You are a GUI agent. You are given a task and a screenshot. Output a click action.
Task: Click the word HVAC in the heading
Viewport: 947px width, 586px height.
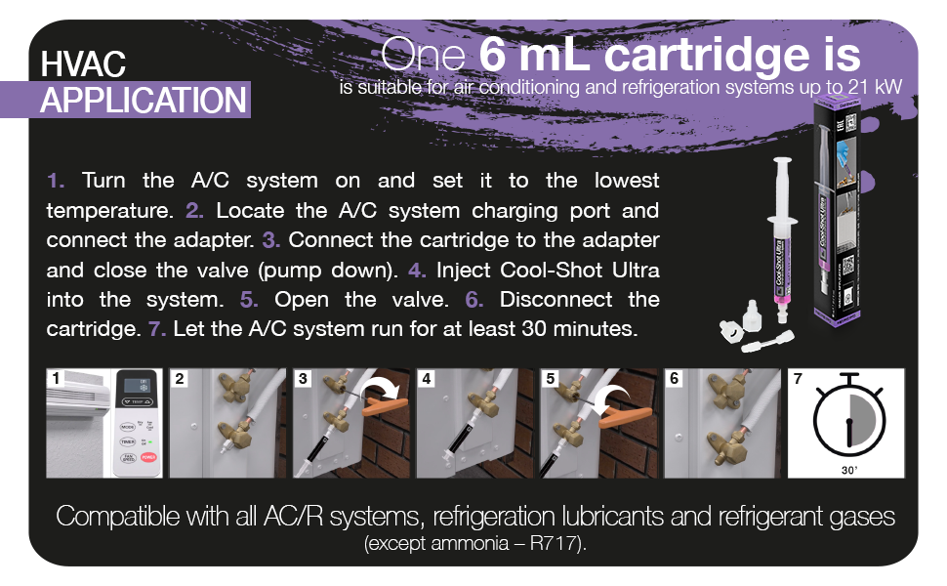[x=83, y=64]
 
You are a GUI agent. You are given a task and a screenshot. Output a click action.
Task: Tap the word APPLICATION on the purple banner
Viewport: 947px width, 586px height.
[x=143, y=100]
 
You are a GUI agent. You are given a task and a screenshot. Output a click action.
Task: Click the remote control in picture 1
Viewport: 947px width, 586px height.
[x=138, y=423]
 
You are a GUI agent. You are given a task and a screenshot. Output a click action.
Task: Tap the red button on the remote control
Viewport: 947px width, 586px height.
[x=149, y=456]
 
